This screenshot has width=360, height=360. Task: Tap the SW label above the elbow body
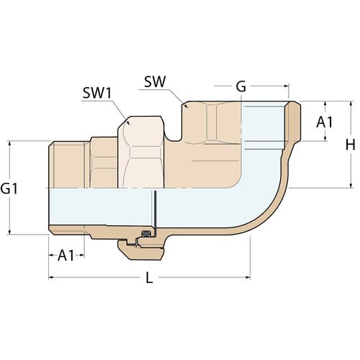pos(155,82)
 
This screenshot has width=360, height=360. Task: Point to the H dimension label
pos(350,144)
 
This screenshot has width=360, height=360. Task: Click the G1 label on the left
pos(9,189)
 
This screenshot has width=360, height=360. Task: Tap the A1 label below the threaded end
pos(66,255)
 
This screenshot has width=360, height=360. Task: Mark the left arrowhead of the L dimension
pos(51,276)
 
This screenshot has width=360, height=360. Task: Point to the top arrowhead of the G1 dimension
pos(10,143)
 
